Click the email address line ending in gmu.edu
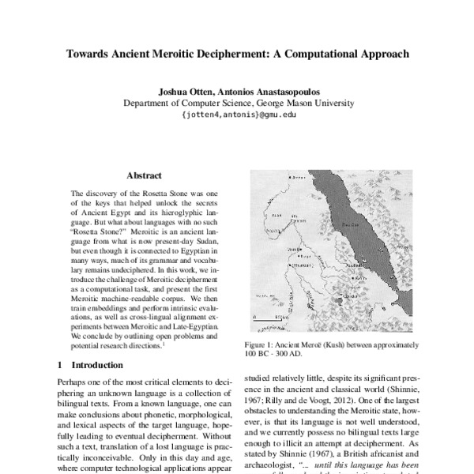pyautogui.click(x=238, y=115)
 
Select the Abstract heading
pyautogui.click(x=144, y=175)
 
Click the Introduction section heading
pyautogui.click(x=97, y=366)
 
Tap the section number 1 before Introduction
pyautogui.click(x=62, y=366)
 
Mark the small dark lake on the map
pyautogui.click(x=339, y=300)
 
